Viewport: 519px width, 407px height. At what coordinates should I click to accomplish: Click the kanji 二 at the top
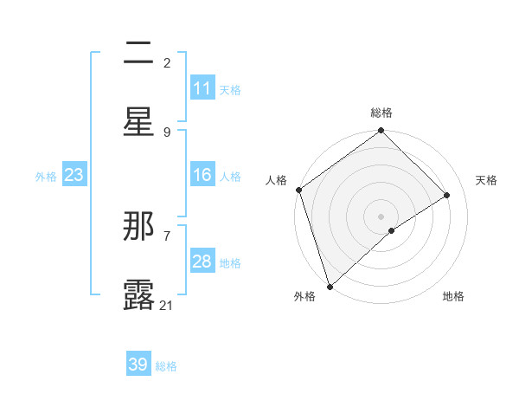pyautogui.click(x=138, y=54)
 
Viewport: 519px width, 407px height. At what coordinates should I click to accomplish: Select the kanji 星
pyautogui.click(x=138, y=120)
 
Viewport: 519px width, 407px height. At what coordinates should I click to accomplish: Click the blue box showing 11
pyautogui.click(x=202, y=88)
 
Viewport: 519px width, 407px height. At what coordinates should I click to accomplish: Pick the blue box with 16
pyautogui.click(x=202, y=176)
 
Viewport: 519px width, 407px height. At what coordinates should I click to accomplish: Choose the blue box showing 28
pyautogui.click(x=202, y=262)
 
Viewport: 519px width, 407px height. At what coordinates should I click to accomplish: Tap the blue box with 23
pyautogui.click(x=74, y=176)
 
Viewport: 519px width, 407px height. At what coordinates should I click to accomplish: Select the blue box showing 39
pyautogui.click(x=138, y=365)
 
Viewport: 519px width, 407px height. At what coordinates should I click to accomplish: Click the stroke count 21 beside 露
pyautogui.click(x=166, y=305)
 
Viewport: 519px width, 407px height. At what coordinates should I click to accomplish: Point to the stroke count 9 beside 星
pyautogui.click(x=167, y=132)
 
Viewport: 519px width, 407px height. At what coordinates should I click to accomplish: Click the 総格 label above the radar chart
pyautogui.click(x=381, y=113)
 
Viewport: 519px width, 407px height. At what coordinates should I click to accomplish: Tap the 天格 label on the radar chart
pyautogui.click(x=487, y=180)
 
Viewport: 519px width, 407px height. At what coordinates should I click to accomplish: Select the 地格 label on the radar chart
pyautogui.click(x=453, y=296)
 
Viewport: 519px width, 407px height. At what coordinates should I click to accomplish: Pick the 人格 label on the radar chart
pyautogui.click(x=277, y=180)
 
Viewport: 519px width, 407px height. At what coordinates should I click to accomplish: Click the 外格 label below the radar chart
pyautogui.click(x=304, y=296)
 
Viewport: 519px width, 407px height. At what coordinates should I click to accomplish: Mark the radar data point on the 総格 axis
pyautogui.click(x=381, y=132)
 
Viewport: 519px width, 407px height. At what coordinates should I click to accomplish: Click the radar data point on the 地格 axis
pyautogui.click(x=392, y=230)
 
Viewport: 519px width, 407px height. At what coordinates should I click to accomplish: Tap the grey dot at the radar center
pyautogui.click(x=381, y=216)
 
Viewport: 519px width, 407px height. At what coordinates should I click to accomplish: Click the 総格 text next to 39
pyautogui.click(x=166, y=366)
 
